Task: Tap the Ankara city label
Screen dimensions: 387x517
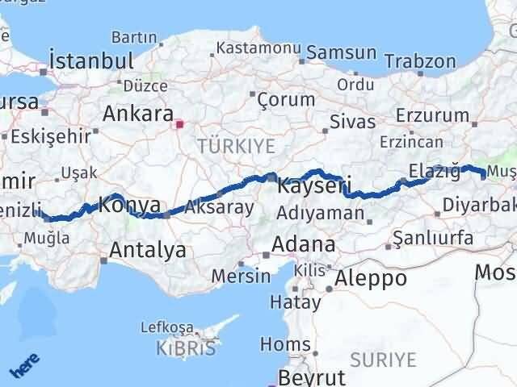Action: (x=137, y=112)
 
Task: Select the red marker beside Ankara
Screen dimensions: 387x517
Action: (x=179, y=124)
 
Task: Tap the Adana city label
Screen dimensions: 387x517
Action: (x=304, y=243)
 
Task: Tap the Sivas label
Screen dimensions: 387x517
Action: (x=353, y=122)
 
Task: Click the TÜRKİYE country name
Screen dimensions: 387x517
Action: (x=237, y=146)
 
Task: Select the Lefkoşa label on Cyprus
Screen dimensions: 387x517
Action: (x=167, y=327)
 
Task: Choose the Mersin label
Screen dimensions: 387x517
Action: (x=241, y=276)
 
